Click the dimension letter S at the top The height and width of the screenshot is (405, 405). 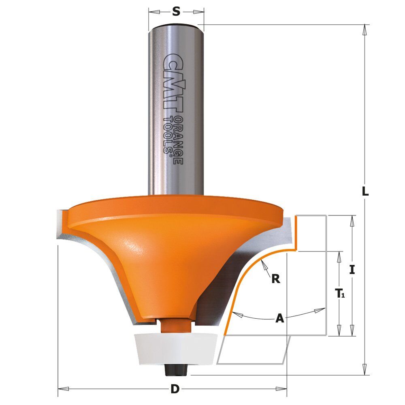click(x=176, y=12)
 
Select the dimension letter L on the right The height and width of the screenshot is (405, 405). click(x=365, y=192)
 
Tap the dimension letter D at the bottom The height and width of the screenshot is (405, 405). click(x=175, y=389)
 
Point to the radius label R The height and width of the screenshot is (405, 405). click(x=276, y=279)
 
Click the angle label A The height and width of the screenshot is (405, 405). click(x=280, y=318)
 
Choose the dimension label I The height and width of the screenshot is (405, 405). click(x=352, y=270)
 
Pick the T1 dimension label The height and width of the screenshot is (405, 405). click(x=340, y=293)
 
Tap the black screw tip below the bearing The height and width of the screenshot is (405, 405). click(x=177, y=370)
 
